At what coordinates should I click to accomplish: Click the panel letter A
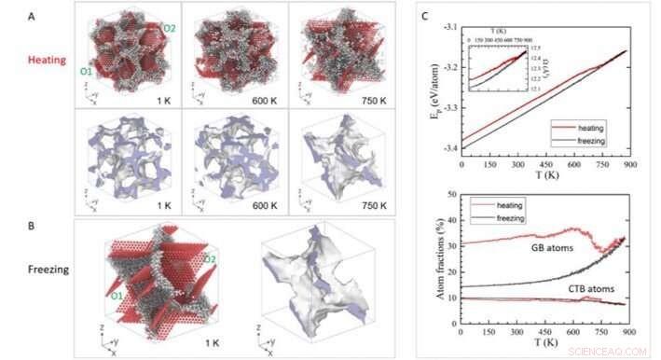(32, 17)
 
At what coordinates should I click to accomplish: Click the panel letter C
(425, 17)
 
